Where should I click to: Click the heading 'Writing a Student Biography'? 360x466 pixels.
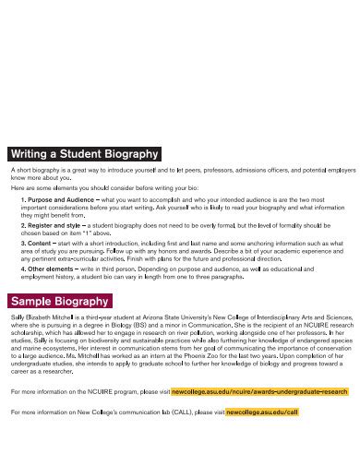click(85, 154)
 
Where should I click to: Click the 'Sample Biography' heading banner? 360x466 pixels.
click(61, 301)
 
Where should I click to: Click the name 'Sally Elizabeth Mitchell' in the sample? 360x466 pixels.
click(42, 317)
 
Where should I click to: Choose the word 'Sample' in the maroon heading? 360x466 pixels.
click(32, 301)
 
